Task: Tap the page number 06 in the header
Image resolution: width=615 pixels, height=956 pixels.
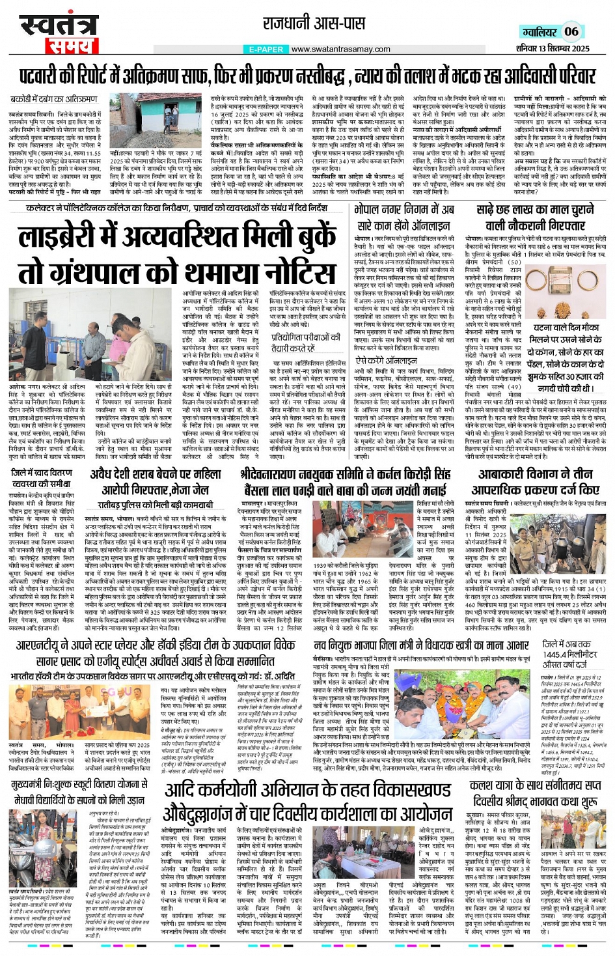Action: point(571,31)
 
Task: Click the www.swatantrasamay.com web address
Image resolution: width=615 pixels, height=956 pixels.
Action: point(340,49)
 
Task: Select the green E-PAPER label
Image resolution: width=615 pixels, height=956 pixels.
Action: point(267,49)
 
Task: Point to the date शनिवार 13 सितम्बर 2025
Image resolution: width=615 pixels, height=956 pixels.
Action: point(554,48)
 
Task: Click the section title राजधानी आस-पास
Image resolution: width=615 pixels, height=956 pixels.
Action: point(307,25)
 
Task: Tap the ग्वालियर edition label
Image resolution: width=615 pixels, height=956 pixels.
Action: point(540,32)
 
